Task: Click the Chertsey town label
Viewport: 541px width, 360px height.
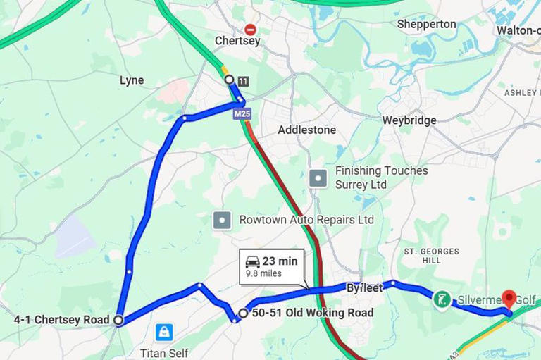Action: click(x=237, y=41)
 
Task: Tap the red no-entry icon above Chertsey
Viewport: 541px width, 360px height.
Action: click(x=250, y=29)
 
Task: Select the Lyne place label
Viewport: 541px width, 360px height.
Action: click(x=132, y=80)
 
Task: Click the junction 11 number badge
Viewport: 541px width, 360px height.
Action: click(x=243, y=82)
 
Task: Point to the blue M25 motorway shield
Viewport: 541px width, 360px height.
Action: click(x=242, y=113)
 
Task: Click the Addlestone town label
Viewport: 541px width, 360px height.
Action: click(x=306, y=130)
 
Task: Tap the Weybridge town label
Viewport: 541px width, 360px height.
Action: click(x=409, y=120)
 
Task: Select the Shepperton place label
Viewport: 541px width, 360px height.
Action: click(x=426, y=24)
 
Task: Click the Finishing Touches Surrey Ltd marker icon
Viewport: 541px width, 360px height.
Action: click(x=319, y=178)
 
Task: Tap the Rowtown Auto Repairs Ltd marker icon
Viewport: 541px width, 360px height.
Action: click(x=223, y=220)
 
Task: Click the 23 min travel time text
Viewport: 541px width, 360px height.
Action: click(x=280, y=261)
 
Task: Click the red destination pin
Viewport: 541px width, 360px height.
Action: click(x=508, y=299)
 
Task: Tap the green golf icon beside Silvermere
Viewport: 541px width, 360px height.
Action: click(x=442, y=300)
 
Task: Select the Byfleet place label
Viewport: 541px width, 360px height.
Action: click(x=364, y=287)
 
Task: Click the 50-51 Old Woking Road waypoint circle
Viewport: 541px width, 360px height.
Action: click(x=243, y=313)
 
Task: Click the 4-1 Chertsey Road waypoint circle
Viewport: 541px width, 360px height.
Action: click(x=118, y=320)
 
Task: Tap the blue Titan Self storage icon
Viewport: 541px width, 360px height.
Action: click(x=164, y=331)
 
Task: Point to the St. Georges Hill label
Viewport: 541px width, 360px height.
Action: click(x=431, y=256)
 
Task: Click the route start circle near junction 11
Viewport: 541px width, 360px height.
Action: click(x=229, y=80)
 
